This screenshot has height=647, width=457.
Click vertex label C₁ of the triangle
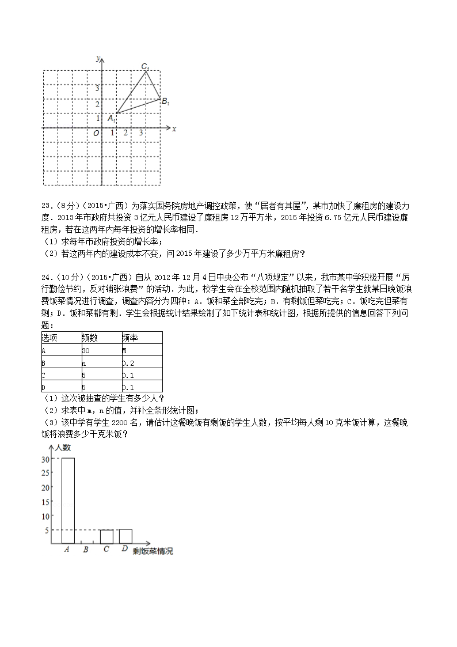(146, 67)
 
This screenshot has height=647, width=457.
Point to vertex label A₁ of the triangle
(111, 118)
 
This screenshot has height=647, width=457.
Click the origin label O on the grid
(96, 133)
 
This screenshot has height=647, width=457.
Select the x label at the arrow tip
(174, 129)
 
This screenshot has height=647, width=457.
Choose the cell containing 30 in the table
(86, 350)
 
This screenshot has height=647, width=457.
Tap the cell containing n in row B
(84, 363)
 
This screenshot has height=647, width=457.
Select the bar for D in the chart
(125, 536)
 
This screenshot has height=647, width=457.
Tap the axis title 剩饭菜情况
(153, 551)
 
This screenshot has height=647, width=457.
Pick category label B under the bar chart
(86, 550)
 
